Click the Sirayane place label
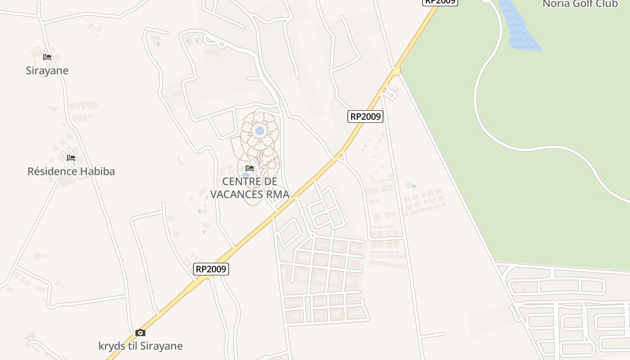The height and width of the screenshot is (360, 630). (x=47, y=71)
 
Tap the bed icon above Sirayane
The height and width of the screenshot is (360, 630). (x=47, y=57)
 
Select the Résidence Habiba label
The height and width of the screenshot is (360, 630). (x=71, y=171)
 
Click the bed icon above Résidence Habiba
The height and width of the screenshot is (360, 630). (x=71, y=158)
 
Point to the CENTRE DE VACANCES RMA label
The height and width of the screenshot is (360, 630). (x=250, y=188)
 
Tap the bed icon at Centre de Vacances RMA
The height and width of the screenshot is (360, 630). (x=250, y=168)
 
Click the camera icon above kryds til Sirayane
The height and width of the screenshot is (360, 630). (x=140, y=333)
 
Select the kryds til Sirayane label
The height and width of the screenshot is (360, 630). (x=140, y=346)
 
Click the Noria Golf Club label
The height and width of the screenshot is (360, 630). (x=580, y=4)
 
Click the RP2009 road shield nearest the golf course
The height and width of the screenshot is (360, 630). (x=365, y=117)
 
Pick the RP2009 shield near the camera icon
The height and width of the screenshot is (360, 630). (x=211, y=269)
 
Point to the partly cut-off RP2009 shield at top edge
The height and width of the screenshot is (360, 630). (x=440, y=2)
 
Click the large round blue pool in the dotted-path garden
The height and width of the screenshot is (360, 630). (x=260, y=131)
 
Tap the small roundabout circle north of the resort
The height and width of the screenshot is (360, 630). (x=221, y=45)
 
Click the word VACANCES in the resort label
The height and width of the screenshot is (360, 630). (x=237, y=194)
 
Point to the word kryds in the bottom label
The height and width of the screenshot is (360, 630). (x=111, y=346)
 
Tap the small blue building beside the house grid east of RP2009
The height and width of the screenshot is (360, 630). (x=414, y=186)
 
